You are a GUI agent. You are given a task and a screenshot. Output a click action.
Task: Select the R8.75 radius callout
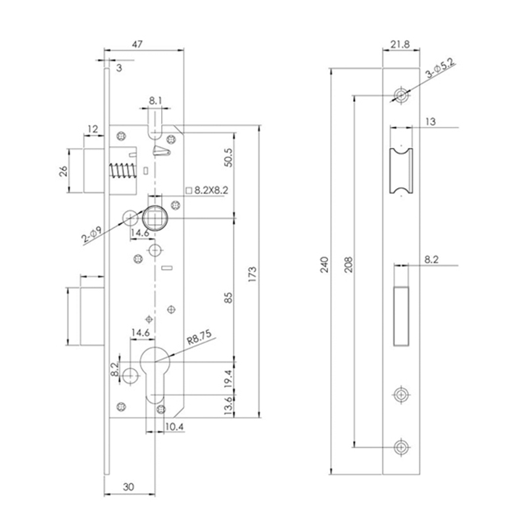coord(198,340)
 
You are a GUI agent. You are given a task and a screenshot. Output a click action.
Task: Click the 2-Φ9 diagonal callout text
coord(91,235)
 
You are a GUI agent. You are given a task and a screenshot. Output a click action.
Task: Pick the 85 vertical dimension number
coord(228,297)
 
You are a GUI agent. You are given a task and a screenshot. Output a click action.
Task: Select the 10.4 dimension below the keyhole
coord(174,428)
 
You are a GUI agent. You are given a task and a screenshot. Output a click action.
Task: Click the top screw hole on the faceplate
coord(401,95)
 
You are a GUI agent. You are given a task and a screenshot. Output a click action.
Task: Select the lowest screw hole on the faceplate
coord(400,446)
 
